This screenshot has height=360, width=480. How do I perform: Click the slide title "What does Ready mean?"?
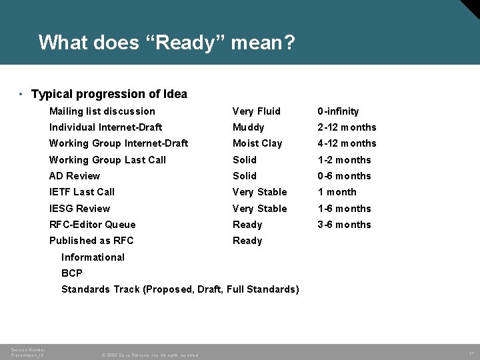167,43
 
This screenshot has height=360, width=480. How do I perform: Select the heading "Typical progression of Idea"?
109,94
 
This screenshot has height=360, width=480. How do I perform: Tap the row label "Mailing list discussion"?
102,111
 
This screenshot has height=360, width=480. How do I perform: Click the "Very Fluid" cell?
257,111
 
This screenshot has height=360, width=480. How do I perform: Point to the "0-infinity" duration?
338,111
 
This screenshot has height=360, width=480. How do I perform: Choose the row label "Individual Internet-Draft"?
105,127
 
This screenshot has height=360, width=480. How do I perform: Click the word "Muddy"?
249,127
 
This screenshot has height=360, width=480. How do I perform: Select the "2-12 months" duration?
347,127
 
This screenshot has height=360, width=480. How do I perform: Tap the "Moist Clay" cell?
257,143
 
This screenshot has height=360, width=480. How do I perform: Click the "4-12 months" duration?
347,143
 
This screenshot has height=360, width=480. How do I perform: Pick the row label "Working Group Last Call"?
107,160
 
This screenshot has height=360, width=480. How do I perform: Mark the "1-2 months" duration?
344,160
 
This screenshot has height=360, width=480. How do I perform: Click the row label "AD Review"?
75,176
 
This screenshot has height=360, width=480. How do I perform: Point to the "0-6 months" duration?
344,176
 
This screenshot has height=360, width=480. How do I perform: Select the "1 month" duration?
337,192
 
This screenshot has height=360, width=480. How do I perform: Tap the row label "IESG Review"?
79,209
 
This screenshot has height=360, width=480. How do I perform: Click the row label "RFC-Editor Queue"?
92,225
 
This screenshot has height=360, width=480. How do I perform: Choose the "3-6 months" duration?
344,225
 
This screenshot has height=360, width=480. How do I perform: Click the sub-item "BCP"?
72,273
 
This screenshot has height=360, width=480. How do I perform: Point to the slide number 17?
471,353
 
